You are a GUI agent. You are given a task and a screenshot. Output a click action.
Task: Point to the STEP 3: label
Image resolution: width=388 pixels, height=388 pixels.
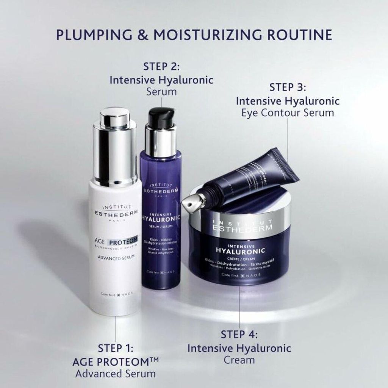coord(288,88)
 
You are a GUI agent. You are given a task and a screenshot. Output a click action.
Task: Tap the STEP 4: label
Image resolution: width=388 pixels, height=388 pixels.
coord(239,334)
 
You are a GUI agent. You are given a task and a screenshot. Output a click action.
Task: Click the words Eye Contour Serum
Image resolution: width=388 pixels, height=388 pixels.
coord(288,113)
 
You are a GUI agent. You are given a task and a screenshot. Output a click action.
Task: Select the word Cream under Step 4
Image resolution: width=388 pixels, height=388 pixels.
coord(239,359)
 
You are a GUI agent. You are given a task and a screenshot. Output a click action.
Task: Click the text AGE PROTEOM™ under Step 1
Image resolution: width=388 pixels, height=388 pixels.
coord(116,361)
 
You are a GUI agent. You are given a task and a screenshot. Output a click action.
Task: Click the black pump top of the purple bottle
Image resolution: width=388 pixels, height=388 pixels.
coord(161,117)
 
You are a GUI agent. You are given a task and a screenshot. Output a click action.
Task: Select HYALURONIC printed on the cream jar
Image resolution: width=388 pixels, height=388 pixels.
coord(240,250)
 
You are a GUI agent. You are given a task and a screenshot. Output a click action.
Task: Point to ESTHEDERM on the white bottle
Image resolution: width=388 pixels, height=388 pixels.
coord(114,213)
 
